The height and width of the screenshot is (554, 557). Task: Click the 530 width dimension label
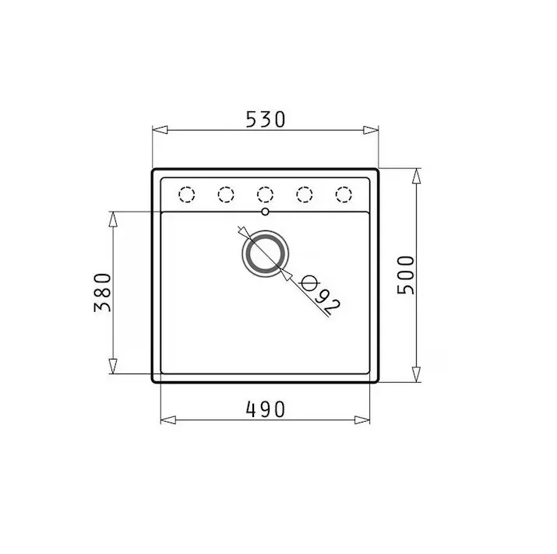(266, 119)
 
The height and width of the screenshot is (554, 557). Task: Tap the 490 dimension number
(266, 409)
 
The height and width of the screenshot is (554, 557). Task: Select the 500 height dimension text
(406, 275)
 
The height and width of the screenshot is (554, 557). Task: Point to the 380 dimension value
(103, 293)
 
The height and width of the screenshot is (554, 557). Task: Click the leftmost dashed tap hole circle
(186, 195)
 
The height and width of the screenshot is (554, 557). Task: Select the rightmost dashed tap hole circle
(344, 195)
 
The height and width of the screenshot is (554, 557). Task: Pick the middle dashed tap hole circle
(265, 195)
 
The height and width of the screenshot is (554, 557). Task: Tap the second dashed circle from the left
(226, 195)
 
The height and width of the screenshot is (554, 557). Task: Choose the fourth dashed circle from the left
(305, 195)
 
